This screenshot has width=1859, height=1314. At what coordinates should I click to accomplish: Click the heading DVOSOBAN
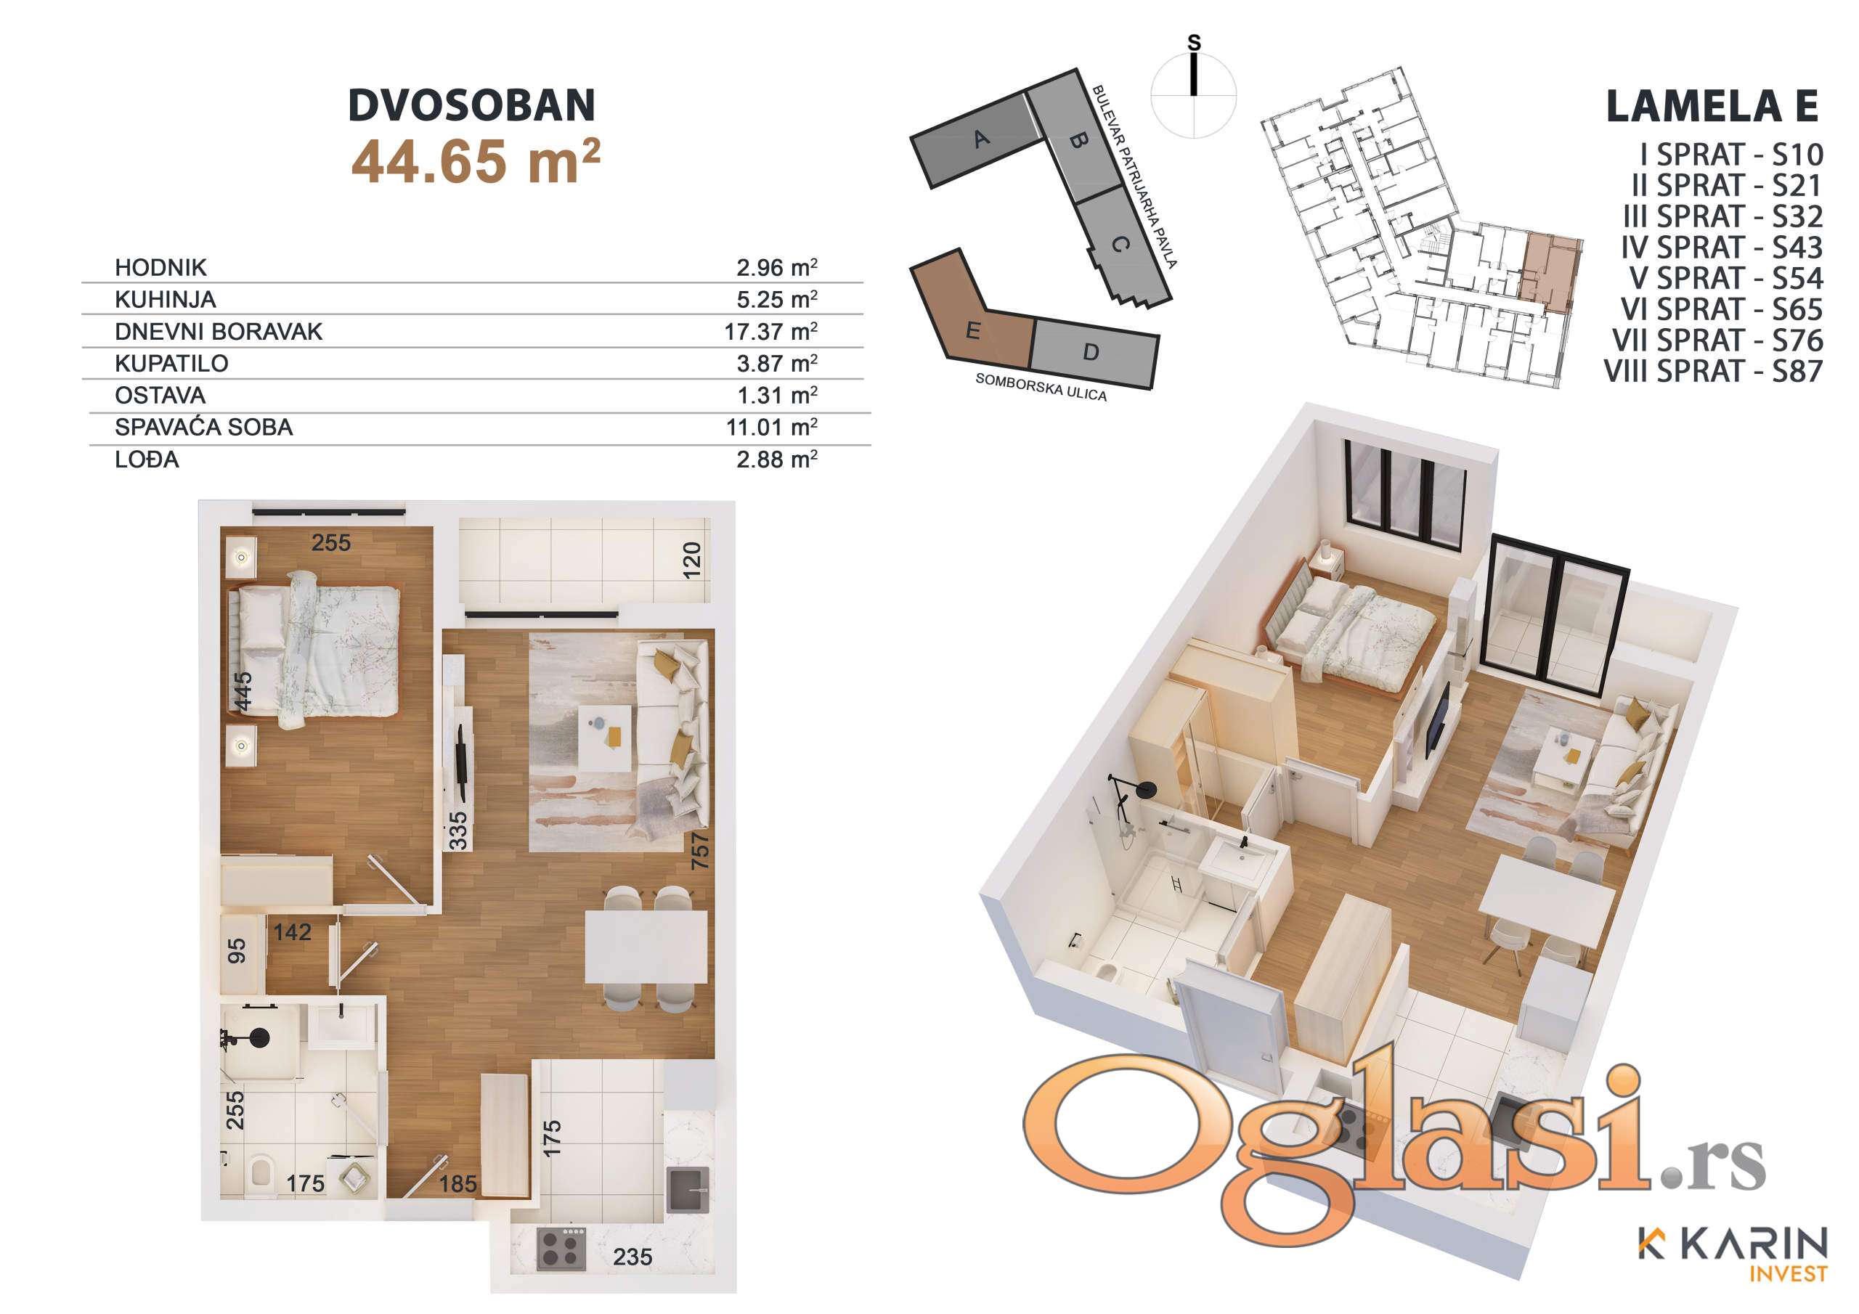472,105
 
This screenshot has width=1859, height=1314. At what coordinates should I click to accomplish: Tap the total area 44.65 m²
476,161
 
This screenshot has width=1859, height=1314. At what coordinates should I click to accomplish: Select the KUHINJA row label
165,300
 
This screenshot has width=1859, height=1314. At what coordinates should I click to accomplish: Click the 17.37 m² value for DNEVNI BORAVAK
770,331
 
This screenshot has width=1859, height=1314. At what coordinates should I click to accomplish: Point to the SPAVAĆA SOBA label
203,427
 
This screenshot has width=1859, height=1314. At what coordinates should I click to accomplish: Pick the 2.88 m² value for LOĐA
776,459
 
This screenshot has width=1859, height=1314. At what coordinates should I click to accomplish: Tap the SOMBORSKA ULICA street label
1041,387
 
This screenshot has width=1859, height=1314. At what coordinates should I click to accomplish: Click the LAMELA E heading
1712,106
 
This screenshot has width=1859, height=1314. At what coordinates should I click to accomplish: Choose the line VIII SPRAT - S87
1713,371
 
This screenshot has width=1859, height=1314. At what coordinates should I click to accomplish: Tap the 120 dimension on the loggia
691,560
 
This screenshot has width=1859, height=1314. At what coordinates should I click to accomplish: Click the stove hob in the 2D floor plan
561,1248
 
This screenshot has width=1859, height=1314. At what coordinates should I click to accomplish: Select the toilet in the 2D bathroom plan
261,1178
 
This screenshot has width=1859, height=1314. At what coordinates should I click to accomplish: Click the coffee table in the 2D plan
605,738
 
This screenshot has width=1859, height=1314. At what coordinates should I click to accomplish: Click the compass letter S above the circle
1195,43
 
